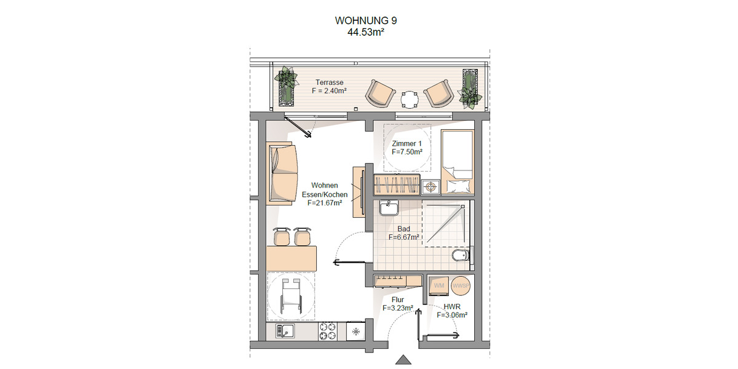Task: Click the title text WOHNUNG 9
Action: pyautogui.click(x=366, y=20)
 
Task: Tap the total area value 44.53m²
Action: pyautogui.click(x=366, y=32)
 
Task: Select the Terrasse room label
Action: pyautogui.click(x=329, y=82)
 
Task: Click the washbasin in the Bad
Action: pyautogui.click(x=389, y=208)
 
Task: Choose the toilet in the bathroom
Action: pyautogui.click(x=461, y=255)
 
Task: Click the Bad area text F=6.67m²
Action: pyautogui.click(x=404, y=237)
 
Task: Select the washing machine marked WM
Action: pyautogui.click(x=439, y=286)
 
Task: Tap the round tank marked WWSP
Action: pyautogui.click(x=460, y=286)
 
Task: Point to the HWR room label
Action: pyautogui.click(x=452, y=306)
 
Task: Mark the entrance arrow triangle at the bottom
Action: pyautogui.click(x=403, y=360)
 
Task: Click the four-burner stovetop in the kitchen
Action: pyautogui.click(x=328, y=331)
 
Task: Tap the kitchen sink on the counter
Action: pyautogui.click(x=285, y=331)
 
